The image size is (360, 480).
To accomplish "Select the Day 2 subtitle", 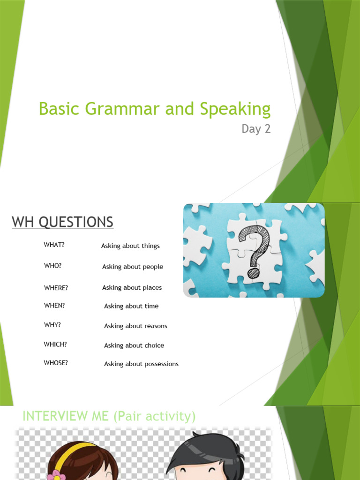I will coord(256,129).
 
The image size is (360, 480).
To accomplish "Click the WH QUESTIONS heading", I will coord(62,222).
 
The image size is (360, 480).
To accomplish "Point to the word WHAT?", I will coord(54,245).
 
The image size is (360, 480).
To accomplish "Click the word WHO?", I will coord(52,265).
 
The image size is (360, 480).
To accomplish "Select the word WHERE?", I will coord(56,288).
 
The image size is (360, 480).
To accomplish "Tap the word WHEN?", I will coord(54,305).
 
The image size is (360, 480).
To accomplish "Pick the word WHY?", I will coord(52,325).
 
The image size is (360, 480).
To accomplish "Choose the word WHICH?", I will coord(55,344).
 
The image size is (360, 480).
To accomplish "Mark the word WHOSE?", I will coord(56,363).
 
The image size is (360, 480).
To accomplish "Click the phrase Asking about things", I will coord(130,246).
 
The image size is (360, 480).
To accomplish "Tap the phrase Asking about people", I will coord(133,267).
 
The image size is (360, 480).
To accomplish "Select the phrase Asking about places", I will coord(132,287).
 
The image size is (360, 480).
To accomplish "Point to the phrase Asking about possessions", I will coord(141,364).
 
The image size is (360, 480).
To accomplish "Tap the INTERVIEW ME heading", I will coord(109,416).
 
